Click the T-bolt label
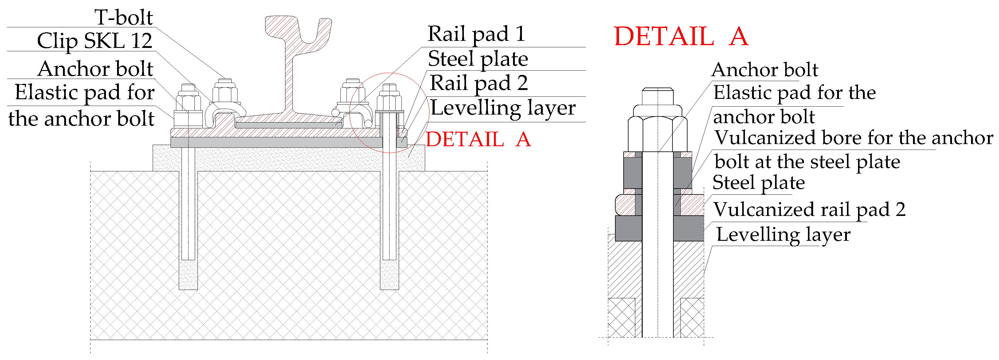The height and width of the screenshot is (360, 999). point(124,18)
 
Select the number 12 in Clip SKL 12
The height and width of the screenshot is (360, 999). point(142,41)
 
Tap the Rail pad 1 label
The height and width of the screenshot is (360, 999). point(476,34)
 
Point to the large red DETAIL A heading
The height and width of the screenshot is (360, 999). point(681,37)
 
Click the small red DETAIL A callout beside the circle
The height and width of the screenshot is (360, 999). point(478,139)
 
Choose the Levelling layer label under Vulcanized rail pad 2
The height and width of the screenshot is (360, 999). point(783,235)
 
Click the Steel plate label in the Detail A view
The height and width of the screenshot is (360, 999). point(758,183)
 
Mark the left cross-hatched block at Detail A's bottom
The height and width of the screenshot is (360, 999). point(621,317)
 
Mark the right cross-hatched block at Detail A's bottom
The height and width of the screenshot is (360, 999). point(692,317)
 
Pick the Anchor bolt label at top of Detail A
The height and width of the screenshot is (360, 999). point(764,70)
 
